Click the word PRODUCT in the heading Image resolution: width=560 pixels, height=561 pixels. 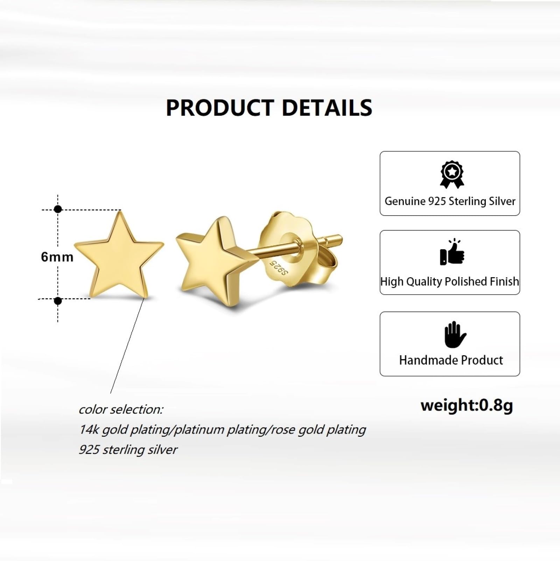coord(220,107)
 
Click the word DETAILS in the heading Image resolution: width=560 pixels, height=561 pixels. coord(327,107)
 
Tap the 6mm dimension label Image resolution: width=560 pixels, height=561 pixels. coord(57,257)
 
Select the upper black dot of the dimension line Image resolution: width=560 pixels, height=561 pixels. coord(58,209)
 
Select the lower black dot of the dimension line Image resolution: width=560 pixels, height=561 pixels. coord(58,301)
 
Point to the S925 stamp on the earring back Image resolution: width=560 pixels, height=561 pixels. coord(278,267)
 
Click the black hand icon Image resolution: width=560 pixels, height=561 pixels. coord(455,334)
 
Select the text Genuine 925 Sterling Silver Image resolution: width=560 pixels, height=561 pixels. coord(450,201)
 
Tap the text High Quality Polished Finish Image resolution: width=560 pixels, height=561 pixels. coord(450,282)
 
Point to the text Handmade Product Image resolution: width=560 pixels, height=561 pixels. coord(451,360)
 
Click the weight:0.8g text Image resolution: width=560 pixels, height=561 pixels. coord(467,406)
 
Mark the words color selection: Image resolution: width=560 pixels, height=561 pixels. coord(121,409)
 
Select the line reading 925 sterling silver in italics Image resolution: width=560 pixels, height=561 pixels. coord(128,450)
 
